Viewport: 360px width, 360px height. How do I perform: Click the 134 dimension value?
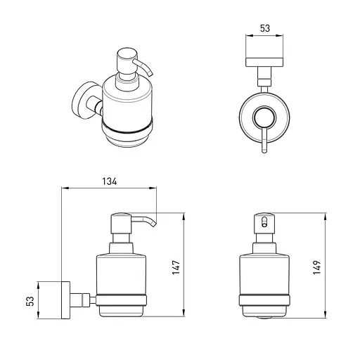click(110, 181)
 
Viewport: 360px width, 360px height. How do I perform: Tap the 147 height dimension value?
click(176, 267)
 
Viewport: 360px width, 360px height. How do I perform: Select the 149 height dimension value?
click(317, 267)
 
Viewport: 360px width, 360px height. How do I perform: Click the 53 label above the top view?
click(265, 28)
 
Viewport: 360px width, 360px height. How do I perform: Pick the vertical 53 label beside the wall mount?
click(30, 301)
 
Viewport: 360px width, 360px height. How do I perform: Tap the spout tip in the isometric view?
click(151, 75)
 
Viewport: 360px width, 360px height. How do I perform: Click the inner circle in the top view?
click(264, 118)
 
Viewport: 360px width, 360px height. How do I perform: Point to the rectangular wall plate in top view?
click(264, 62)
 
